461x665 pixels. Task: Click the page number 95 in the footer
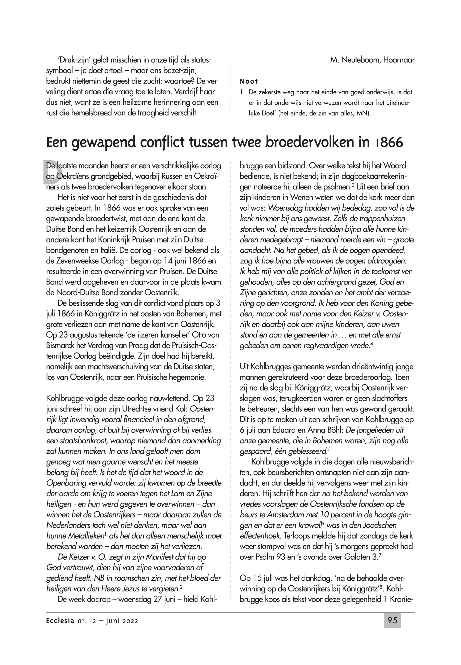point(392,620)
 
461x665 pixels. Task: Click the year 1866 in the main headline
point(387,143)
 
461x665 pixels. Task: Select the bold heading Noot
point(249,81)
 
